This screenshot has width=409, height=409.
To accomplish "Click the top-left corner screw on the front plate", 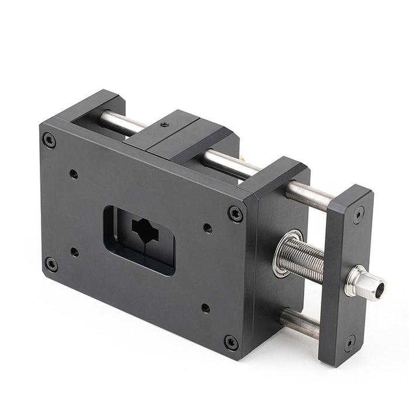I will (50, 140).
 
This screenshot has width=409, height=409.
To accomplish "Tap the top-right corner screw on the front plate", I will (235, 214).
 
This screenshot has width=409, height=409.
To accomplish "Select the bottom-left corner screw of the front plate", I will (51, 264).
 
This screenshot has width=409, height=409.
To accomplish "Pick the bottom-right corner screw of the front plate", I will (231, 342).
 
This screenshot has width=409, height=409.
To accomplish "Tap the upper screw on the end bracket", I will (358, 214).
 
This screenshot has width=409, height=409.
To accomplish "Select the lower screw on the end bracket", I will (349, 342).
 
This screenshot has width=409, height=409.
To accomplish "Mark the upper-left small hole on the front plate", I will (74, 174).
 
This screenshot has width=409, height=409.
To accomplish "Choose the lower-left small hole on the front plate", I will (74, 252).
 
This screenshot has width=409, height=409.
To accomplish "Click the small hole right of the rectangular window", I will (207, 228).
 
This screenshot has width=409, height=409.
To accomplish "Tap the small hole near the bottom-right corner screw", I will (206, 307).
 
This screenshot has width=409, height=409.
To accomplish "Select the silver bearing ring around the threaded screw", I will (283, 252).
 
